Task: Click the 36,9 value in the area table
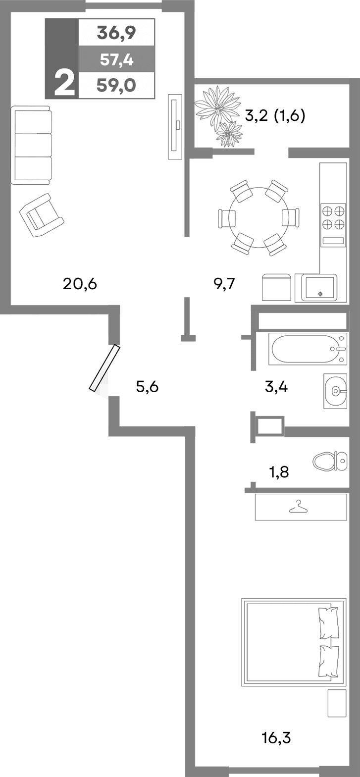coord(116,33)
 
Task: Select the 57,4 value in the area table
coord(116,60)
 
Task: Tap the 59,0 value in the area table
coord(116,86)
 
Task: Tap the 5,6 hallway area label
coord(147,386)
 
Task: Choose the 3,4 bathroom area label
coord(276,386)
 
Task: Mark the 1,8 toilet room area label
coord(278,472)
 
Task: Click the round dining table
coord(259,217)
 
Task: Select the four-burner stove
coord(333,217)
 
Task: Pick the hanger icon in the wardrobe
coord(299,507)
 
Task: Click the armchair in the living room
coord(41,215)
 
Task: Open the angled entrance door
coord(104,368)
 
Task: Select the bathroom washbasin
coord(335,391)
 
